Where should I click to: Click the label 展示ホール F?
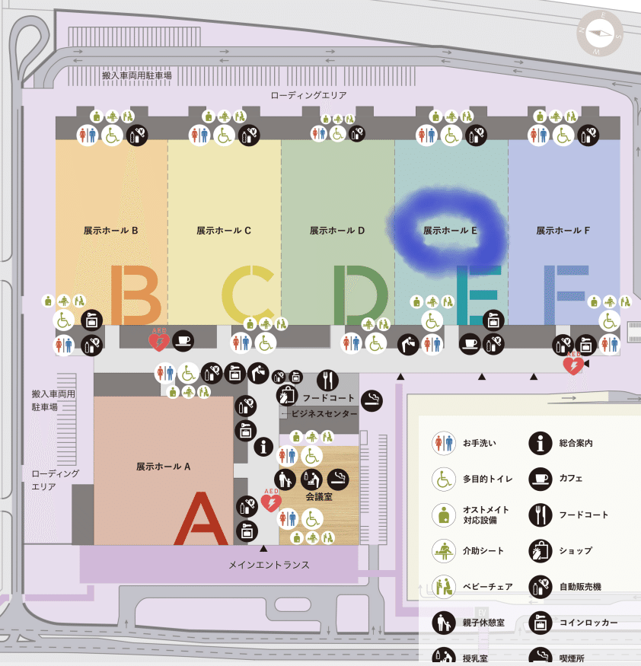click(563, 230)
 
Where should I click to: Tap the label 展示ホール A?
click(163, 467)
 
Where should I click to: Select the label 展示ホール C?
click(224, 230)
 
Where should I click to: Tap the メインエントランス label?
click(269, 566)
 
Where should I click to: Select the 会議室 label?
click(319, 496)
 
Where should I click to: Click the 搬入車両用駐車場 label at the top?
click(137, 76)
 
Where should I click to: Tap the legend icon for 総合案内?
click(540, 442)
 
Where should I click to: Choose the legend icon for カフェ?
click(540, 479)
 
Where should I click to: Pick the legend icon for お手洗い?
click(443, 442)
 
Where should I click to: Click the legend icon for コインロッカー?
click(540, 623)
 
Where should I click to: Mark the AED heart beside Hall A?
click(271, 502)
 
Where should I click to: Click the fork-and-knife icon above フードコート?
click(327, 379)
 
